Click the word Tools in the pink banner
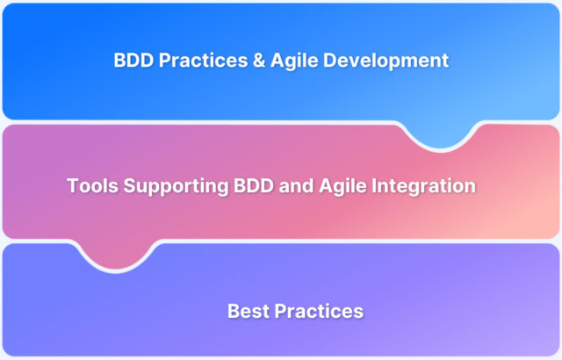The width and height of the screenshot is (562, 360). pos(90,186)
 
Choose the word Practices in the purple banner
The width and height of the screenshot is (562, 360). pos(320,311)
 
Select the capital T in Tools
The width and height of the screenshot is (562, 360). pos(73,186)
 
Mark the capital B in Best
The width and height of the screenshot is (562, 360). pos(233,311)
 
